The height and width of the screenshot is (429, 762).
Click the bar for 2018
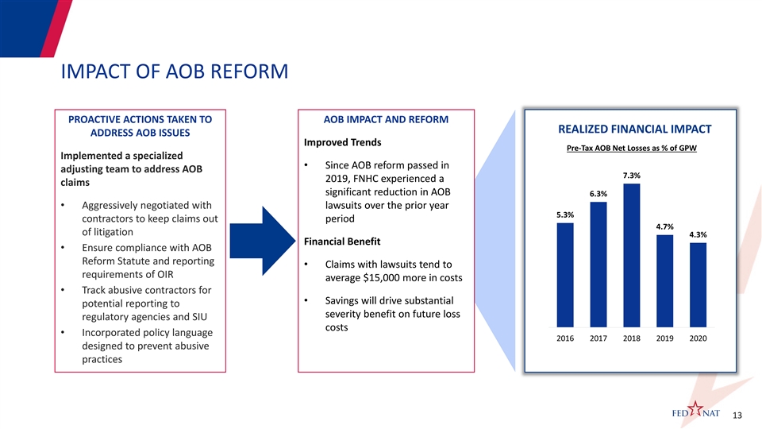tap(631, 255)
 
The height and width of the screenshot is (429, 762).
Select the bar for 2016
tap(565, 276)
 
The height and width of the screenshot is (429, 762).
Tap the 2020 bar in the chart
tap(698, 285)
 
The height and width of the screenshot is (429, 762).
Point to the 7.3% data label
tap(632, 176)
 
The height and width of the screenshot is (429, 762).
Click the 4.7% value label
tap(665, 226)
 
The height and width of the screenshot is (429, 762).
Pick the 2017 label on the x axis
tap(598, 338)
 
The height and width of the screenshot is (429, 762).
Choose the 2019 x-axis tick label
tap(665, 338)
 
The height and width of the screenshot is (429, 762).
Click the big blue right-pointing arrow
tap(263, 241)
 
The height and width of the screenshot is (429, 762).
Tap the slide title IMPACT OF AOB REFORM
tap(175, 71)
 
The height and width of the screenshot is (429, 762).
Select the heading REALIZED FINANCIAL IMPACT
tap(635, 129)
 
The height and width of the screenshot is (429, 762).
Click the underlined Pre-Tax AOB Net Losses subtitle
tap(632, 148)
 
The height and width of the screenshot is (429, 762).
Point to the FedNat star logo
tap(695, 411)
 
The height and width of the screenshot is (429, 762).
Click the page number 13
tap(737, 415)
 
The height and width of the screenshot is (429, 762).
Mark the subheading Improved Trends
tap(343, 142)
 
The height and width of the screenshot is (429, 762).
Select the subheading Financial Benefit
tap(342, 242)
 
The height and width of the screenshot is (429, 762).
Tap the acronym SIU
tap(199, 317)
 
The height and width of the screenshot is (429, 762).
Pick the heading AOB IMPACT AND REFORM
tap(386, 119)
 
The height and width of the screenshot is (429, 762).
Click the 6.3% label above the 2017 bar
tap(598, 194)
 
